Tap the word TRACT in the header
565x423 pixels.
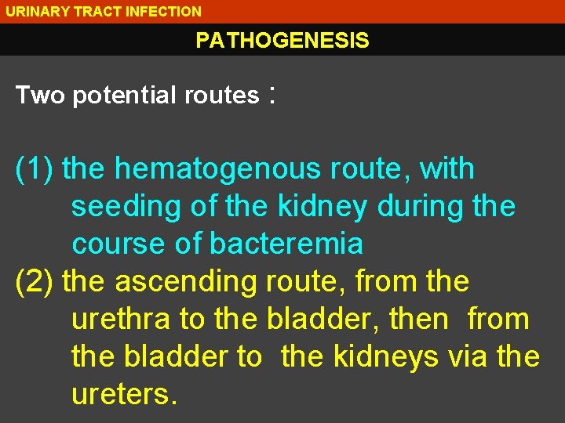tap(86, 12)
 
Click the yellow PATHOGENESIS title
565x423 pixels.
tap(282, 41)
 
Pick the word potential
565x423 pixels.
tap(125, 96)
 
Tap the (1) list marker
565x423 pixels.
tap(35, 169)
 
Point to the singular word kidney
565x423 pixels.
tap(322, 207)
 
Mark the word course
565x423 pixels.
tap(118, 244)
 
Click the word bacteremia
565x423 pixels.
tap(286, 244)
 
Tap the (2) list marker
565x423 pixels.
tap(35, 282)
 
